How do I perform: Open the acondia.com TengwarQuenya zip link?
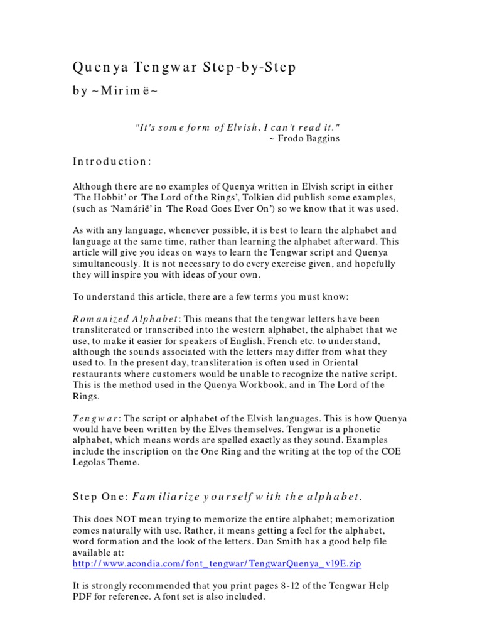tap(217, 564)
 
